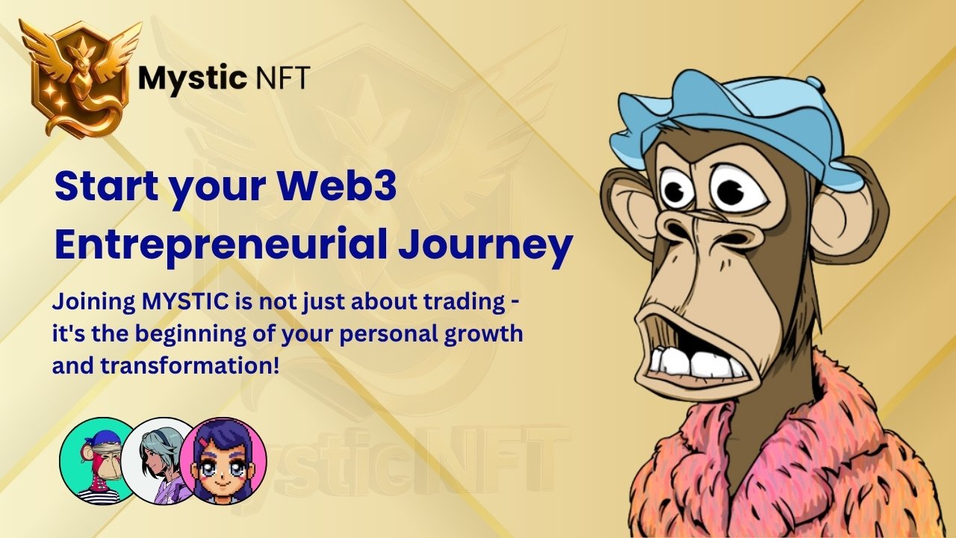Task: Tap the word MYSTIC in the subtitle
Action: tap(185, 302)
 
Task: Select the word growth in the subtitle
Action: tap(483, 334)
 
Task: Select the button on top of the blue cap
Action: tap(814, 83)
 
